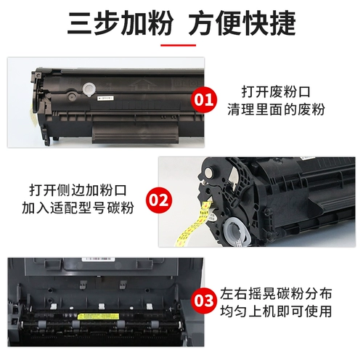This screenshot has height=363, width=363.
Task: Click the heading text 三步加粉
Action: tap(115, 23)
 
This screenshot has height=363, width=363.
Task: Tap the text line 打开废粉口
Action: tap(276, 92)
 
